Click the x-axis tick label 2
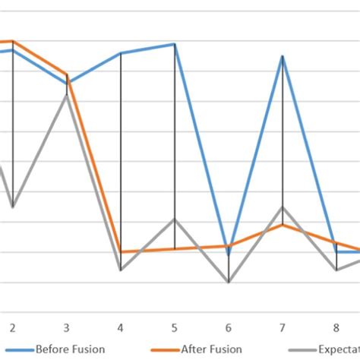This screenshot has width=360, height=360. click(12, 327)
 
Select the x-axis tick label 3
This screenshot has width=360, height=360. click(67, 327)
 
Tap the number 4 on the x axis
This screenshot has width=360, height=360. click(121, 327)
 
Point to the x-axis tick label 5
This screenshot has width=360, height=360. click(175, 327)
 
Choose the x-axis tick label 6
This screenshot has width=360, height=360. click(229, 327)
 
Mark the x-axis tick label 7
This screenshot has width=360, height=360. click(283, 327)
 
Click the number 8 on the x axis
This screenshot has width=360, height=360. click(336, 327)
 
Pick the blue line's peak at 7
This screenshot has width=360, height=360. click(283, 56)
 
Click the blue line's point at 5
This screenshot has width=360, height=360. click(175, 44)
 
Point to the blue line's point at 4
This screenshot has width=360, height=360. click(121, 53)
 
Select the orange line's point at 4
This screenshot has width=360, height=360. click(121, 251)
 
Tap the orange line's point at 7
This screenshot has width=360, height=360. click(283, 225)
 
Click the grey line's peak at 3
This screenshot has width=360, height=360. click(67, 95)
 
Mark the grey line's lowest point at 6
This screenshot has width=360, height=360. click(229, 282)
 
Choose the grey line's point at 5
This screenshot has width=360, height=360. click(175, 219)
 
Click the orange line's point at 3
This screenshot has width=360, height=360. click(67, 75)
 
